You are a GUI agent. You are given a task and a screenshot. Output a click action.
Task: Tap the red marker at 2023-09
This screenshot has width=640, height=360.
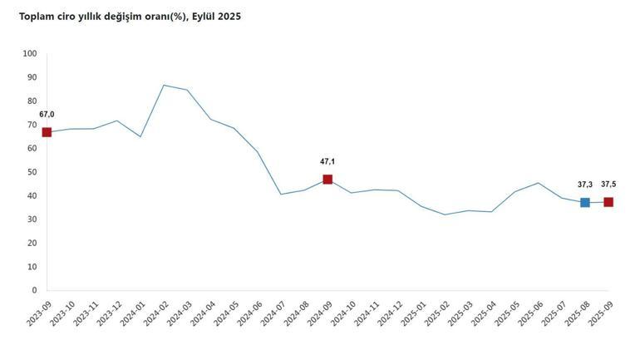[47, 132]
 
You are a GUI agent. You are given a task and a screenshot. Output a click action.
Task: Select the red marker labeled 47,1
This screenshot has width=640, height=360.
[327, 180]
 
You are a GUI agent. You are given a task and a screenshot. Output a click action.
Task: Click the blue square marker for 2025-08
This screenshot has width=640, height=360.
[585, 202]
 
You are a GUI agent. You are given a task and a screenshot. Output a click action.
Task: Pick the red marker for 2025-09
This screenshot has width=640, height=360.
[608, 202]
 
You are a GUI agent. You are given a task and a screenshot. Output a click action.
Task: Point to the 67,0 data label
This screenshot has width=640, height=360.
[47, 115]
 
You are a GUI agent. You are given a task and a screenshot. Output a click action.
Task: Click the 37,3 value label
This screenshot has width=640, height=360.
[585, 185]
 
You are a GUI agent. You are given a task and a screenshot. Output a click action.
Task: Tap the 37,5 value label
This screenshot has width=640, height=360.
[608, 185]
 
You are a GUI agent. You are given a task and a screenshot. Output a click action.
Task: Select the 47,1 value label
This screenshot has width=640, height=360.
[327, 162]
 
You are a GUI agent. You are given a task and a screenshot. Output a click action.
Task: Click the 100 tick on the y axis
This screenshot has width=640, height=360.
[30, 54]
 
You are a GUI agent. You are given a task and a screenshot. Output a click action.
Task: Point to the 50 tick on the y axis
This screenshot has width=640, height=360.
[32, 172]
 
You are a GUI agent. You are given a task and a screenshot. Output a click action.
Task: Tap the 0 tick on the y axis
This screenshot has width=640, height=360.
[34, 291]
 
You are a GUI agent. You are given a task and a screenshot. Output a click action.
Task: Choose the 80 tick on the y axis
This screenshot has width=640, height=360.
[32, 101]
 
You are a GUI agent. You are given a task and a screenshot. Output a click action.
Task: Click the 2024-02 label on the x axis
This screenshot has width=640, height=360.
[156, 314]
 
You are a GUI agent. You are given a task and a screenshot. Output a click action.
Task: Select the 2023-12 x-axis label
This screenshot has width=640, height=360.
[109, 314]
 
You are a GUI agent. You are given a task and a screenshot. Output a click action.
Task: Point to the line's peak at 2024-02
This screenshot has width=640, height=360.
[164, 85]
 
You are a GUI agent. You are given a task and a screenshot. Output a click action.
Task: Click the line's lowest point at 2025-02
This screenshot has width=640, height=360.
[445, 215]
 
